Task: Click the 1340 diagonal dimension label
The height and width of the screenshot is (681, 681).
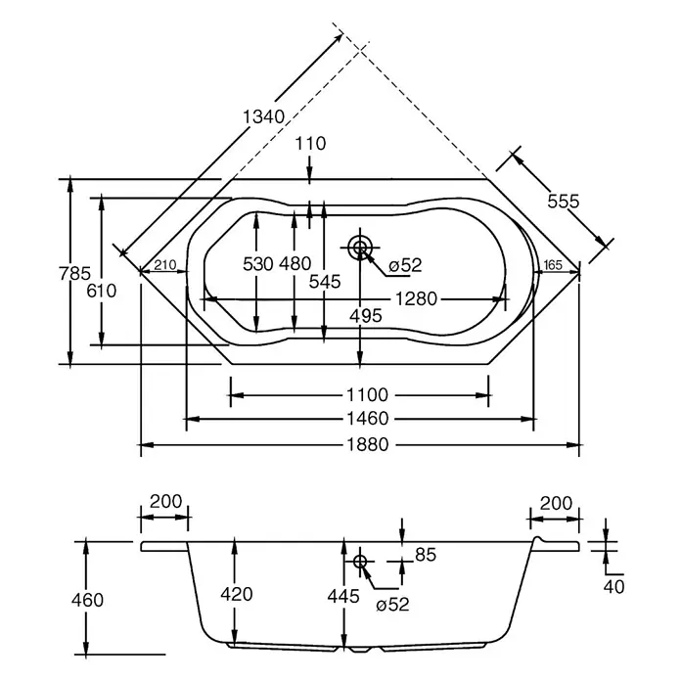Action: [263, 116]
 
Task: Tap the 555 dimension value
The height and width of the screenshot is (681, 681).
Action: [564, 202]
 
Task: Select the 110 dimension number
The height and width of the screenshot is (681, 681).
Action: [310, 143]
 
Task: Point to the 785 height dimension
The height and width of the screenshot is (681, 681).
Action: [74, 273]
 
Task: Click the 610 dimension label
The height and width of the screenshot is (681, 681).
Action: [102, 291]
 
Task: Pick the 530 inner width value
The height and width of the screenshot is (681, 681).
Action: [258, 263]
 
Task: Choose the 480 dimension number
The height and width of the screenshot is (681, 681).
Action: [295, 263]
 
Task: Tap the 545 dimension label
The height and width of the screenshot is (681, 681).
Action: [325, 282]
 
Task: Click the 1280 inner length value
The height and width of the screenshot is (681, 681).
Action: [416, 298]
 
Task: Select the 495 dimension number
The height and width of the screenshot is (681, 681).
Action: [366, 316]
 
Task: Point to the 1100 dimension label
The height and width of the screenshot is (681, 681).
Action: [367, 394]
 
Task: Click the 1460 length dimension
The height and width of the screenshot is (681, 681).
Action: [368, 419]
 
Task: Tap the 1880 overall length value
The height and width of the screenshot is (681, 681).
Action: [368, 445]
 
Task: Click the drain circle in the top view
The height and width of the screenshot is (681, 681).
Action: [360, 248]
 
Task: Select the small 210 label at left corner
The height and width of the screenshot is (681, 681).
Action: [165, 264]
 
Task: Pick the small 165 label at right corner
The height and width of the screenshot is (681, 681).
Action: [553, 264]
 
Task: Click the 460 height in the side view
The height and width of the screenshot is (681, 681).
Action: [87, 600]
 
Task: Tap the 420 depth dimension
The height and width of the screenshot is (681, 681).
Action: [237, 594]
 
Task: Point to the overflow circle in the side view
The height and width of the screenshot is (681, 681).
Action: [360, 562]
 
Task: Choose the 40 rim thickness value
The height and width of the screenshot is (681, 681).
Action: [613, 587]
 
